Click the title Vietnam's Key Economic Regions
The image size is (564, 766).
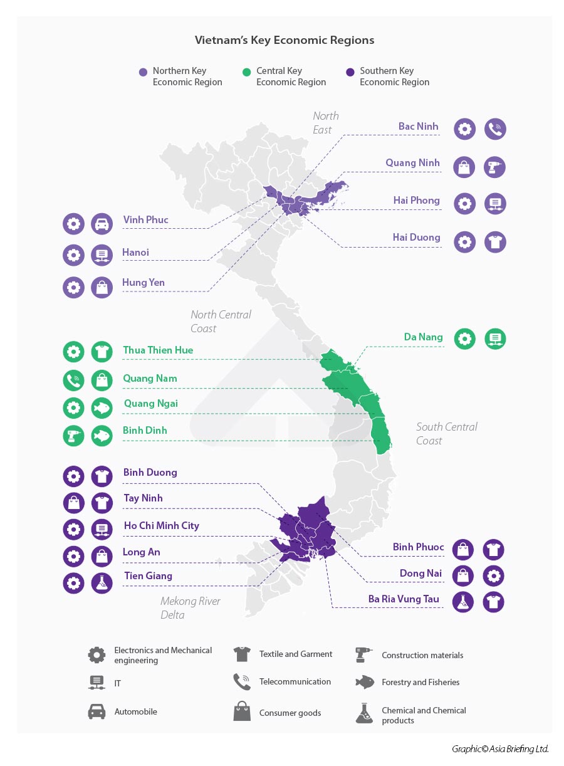[285, 40]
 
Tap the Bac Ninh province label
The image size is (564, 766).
[418, 127]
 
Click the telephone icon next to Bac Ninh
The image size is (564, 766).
[495, 129]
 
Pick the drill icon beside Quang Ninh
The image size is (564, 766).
[495, 167]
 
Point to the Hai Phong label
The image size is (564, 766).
[416, 201]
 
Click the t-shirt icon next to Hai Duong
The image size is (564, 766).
[495, 242]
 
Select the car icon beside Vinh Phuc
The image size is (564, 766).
[102, 224]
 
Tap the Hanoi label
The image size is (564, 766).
[135, 253]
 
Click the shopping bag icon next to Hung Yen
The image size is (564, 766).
[102, 288]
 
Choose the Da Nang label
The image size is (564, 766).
[423, 337]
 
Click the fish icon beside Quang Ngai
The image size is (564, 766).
[102, 407]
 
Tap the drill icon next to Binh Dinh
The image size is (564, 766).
[73, 436]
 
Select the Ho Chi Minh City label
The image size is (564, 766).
[161, 526]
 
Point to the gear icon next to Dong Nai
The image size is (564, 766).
[494, 575]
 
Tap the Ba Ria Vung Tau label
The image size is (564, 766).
[404, 599]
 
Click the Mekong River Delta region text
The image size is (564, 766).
[190, 608]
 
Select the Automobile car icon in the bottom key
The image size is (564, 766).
[97, 711]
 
